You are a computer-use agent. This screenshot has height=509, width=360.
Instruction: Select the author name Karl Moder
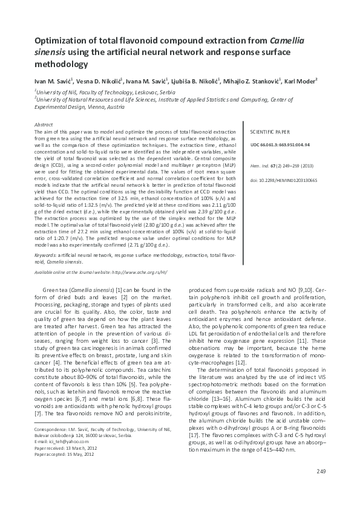[x=301, y=80]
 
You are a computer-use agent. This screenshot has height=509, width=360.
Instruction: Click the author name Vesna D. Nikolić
[x=99, y=80]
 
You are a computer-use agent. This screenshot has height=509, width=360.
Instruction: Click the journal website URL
[x=136, y=273]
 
